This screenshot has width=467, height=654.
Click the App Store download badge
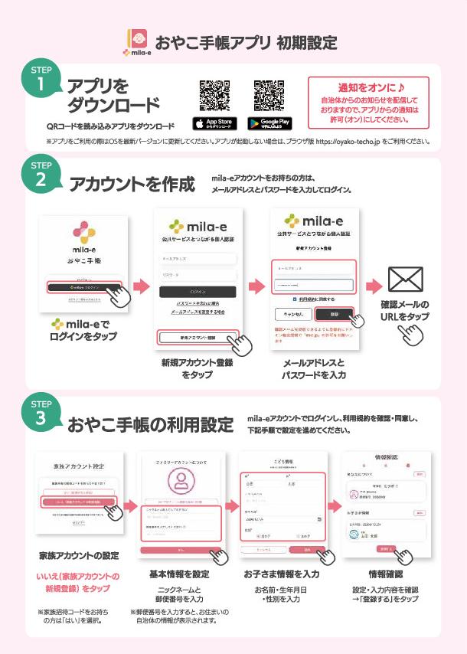click(214, 123)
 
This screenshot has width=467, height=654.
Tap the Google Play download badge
click(269, 123)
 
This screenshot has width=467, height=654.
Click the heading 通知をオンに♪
click(368, 87)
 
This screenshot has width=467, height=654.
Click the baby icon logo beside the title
click(138, 39)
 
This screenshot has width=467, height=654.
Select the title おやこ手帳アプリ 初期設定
click(246, 41)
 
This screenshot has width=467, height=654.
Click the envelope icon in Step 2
click(405, 280)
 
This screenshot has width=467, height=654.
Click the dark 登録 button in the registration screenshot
click(334, 314)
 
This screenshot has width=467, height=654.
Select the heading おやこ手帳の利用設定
click(150, 424)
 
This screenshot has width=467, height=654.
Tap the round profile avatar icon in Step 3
click(181, 481)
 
